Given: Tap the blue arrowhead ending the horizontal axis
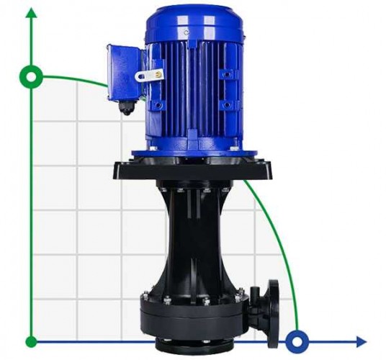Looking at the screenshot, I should (x=359, y=341).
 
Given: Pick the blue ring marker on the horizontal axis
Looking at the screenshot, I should (x=297, y=340).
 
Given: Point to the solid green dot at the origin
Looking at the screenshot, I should (x=31, y=341).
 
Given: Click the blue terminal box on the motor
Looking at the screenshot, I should (x=125, y=72).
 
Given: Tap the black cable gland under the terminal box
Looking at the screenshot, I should (x=127, y=108).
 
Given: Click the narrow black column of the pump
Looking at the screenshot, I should (x=194, y=238).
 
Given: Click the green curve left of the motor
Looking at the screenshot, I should (x=79, y=78).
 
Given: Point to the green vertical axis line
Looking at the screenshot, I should (x=31, y=216).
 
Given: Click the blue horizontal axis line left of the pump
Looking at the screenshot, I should (x=86, y=341).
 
